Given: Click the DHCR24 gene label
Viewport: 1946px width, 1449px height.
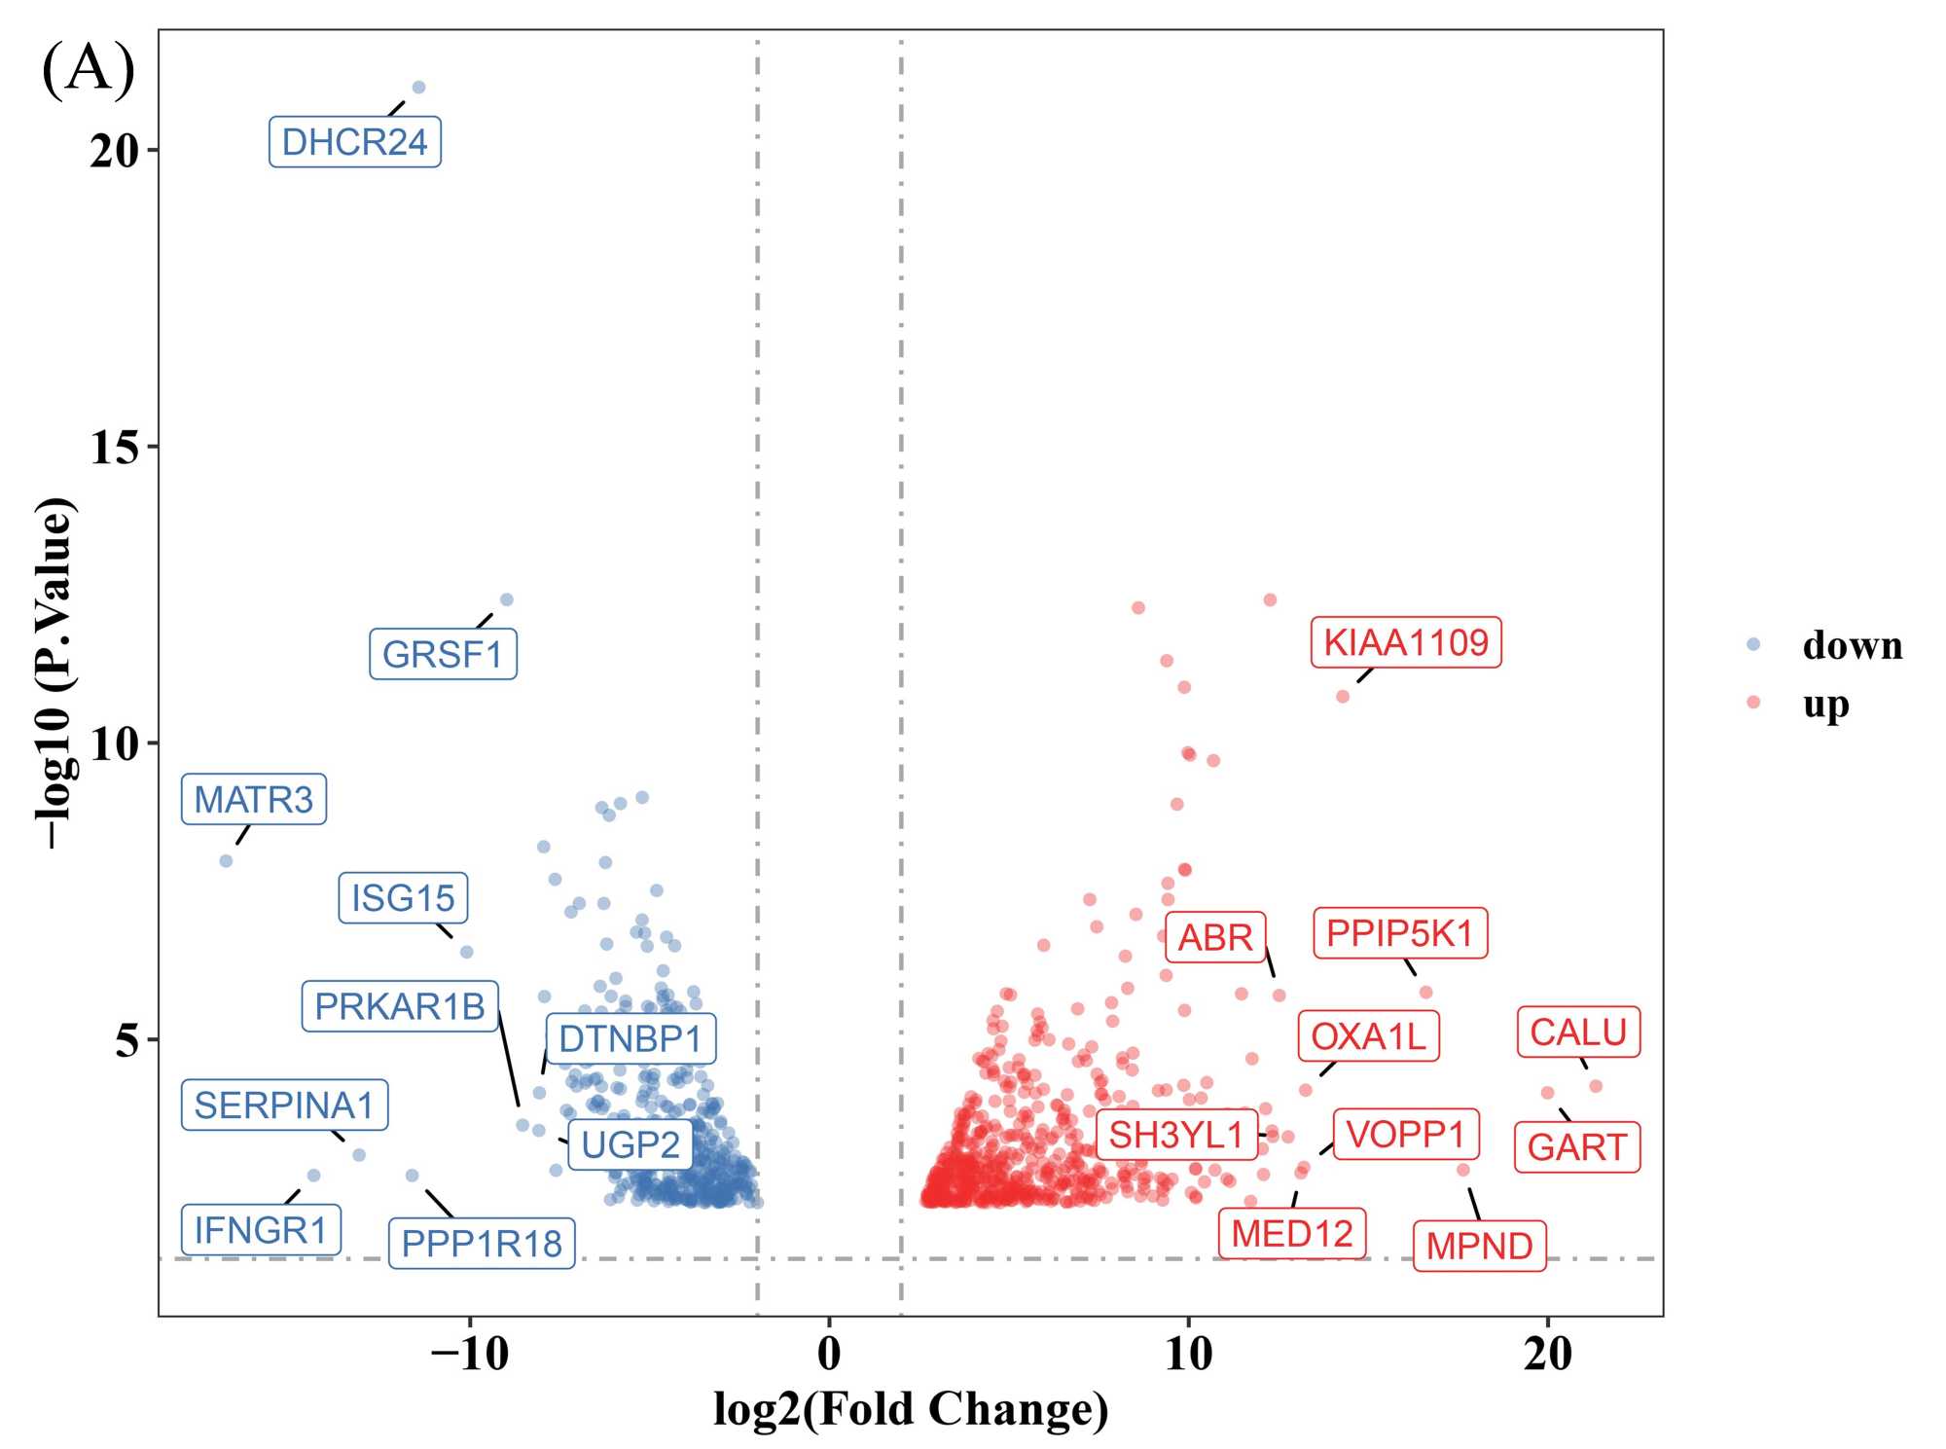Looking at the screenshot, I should pyautogui.click(x=354, y=142).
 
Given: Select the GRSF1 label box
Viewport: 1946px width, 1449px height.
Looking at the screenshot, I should pyautogui.click(x=443, y=654).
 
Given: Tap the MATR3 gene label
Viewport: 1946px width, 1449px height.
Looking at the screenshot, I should pyautogui.click(x=253, y=799).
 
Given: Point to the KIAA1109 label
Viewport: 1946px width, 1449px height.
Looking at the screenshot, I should pyautogui.click(x=1405, y=642).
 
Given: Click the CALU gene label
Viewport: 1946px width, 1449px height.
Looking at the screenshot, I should pyautogui.click(x=1578, y=1032).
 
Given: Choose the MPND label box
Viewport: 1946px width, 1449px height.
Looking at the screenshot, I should pyautogui.click(x=1479, y=1246).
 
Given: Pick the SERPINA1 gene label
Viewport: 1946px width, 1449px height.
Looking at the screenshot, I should pyautogui.click(x=284, y=1105).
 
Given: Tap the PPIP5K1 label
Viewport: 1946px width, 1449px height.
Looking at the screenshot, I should pyautogui.click(x=1400, y=933).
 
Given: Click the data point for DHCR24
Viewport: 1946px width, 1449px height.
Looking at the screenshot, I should pyautogui.click(x=418, y=88).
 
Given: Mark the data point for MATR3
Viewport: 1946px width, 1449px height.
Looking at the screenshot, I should pyautogui.click(x=226, y=861).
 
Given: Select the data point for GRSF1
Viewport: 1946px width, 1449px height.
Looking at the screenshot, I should pyautogui.click(x=506, y=599).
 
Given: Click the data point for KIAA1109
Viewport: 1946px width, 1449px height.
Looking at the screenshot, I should pyautogui.click(x=1343, y=697).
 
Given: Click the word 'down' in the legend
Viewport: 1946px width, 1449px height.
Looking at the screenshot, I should pyautogui.click(x=1852, y=645).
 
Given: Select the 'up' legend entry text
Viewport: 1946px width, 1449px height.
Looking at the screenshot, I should pyautogui.click(x=1825, y=704).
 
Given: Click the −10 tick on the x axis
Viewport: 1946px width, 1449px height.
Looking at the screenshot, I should pyautogui.click(x=469, y=1354).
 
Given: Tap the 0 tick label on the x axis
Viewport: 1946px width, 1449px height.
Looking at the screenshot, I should pyautogui.click(x=829, y=1354).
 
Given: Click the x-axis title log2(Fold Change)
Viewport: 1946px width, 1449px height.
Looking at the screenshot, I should pyautogui.click(x=911, y=1409).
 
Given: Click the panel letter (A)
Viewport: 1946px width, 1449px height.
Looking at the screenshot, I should pyautogui.click(x=89, y=70).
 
